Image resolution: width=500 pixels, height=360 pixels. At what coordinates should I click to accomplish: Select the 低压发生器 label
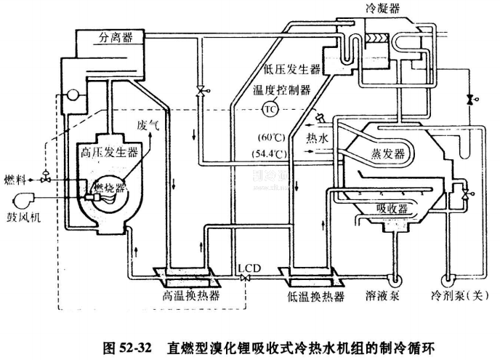[x=293, y=71]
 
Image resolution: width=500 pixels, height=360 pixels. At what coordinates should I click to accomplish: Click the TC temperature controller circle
[x=270, y=108]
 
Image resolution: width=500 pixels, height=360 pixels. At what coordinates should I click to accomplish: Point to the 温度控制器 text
[x=281, y=90]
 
